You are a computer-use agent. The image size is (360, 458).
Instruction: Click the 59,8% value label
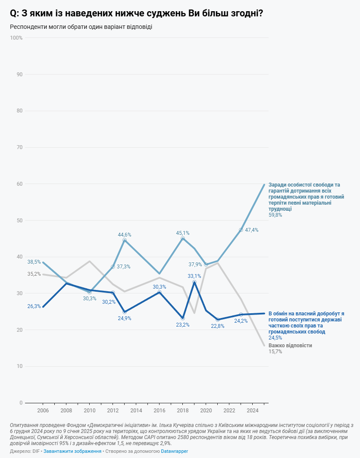pos(275,215)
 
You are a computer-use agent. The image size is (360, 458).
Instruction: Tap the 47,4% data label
pos(252,230)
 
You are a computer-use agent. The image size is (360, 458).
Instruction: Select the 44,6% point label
pos(125,235)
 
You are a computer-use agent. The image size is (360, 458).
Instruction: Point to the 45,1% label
pos(183,233)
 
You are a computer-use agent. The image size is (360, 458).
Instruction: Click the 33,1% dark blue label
pos(194,276)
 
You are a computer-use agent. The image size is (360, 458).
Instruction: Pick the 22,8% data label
pos(218,326)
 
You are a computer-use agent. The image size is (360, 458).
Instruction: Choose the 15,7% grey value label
pos(275,352)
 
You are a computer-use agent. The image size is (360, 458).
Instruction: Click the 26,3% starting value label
pos(34,306)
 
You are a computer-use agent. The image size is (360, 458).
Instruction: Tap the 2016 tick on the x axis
pos(160,411)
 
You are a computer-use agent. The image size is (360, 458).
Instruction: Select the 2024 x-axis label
pos(253,411)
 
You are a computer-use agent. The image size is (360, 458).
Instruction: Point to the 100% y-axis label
pos(16,38)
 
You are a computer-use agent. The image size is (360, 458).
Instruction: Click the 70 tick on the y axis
pos(19,147)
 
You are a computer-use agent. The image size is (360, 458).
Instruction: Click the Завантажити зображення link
pos(72,451)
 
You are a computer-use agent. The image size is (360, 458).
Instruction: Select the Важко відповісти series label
pos(290,346)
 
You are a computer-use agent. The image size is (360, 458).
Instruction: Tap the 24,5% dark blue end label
pos(275,338)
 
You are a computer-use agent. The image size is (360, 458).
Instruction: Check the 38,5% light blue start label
pos(34,262)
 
